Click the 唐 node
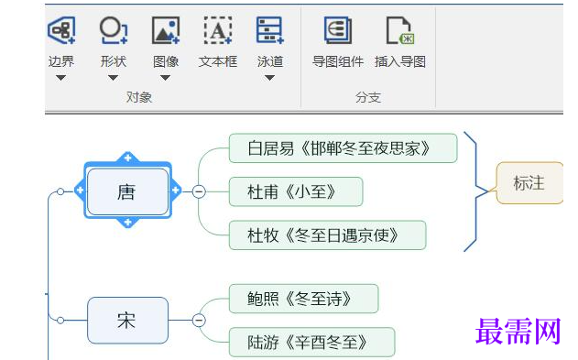[127, 191]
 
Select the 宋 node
[127, 320]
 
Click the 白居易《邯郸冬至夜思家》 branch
[343, 148]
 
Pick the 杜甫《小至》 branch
[295, 191]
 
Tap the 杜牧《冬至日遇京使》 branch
[327, 235]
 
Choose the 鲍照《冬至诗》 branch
[302, 298]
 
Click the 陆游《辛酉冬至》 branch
[311, 342]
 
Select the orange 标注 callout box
[529, 183]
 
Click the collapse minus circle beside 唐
[198, 191]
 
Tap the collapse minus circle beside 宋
[198, 320]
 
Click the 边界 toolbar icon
[61, 30]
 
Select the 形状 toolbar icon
[113, 30]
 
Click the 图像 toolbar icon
[166, 30]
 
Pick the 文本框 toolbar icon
[217, 30]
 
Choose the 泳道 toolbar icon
[269, 30]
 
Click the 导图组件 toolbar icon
[337, 30]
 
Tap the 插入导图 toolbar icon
[400, 30]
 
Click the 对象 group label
[139, 96]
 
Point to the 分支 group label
[368, 96]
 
